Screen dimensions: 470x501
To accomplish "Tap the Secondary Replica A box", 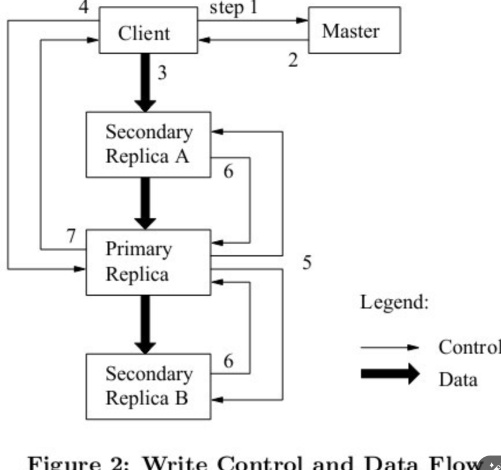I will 148,144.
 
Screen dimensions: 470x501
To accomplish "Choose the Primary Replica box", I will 148,262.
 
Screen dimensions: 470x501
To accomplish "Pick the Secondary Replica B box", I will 148,386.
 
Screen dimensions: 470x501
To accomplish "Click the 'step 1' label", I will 233,8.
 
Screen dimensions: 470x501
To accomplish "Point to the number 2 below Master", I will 293,60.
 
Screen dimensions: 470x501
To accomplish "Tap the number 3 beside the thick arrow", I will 162,73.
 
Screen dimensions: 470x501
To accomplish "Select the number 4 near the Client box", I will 84,8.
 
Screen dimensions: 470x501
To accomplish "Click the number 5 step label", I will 307,263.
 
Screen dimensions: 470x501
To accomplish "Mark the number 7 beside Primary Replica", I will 71,236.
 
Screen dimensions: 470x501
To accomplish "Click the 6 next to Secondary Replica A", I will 229,171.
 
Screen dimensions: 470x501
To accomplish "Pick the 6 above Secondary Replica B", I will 229,361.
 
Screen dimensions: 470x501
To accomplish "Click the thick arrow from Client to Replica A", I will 145,81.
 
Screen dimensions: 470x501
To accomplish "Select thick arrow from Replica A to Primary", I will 145,203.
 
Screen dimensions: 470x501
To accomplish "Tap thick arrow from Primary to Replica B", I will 145,324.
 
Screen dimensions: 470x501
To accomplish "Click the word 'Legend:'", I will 395,302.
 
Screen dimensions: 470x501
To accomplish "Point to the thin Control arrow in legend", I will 389,347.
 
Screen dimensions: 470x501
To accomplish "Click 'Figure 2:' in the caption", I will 80,462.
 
